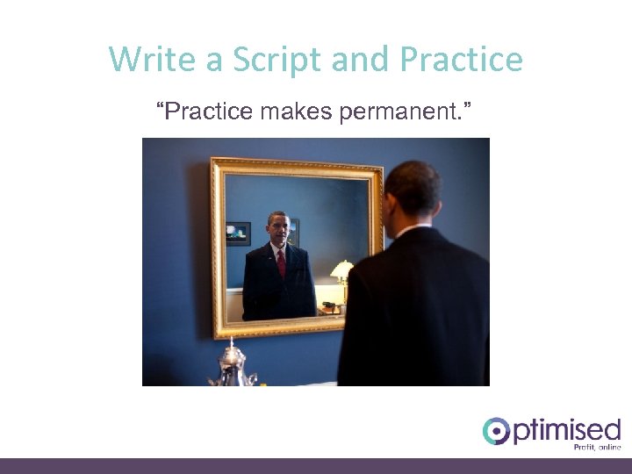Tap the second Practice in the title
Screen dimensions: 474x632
[x=460, y=60]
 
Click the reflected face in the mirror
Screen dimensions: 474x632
[x=278, y=230]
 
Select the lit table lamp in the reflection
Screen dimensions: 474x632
[x=342, y=270]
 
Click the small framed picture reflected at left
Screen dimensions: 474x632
[x=238, y=233]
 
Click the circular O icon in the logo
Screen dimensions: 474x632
[x=496, y=431]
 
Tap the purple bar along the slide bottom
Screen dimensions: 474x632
[x=316, y=465]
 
